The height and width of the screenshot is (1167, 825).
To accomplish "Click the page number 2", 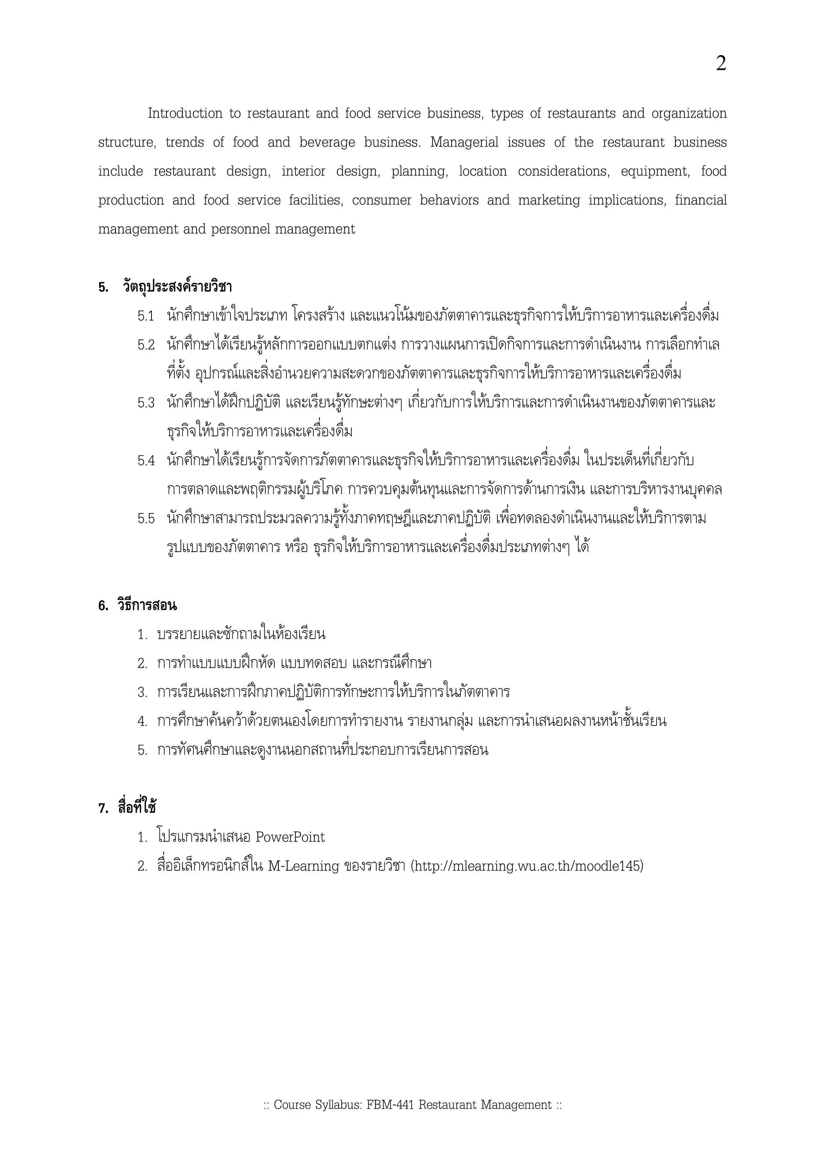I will point(721,64).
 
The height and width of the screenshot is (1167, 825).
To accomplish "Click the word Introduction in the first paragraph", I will point(185,113).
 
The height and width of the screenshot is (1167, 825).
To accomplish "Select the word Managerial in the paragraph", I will point(464,142).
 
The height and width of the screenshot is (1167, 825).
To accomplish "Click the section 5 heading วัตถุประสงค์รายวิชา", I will point(177,287).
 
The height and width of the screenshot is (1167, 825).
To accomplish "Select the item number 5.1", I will point(146,316).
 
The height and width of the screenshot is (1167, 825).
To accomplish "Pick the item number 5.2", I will point(146,345).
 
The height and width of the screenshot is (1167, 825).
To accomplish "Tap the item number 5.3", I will point(146,403).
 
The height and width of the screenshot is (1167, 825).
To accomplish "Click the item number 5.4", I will point(146,461).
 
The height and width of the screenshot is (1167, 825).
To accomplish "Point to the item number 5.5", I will point(146,519).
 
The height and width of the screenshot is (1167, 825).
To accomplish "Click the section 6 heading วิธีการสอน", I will point(147,606).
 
